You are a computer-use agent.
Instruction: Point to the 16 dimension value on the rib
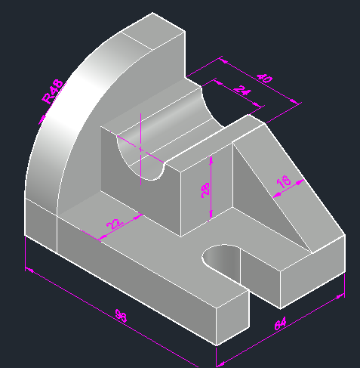point(284,181)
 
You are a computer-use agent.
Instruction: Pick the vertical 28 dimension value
point(206,188)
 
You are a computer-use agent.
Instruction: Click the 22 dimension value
point(114,224)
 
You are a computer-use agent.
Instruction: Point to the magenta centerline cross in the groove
point(141,149)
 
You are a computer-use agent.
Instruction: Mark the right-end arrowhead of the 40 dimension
point(298,104)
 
